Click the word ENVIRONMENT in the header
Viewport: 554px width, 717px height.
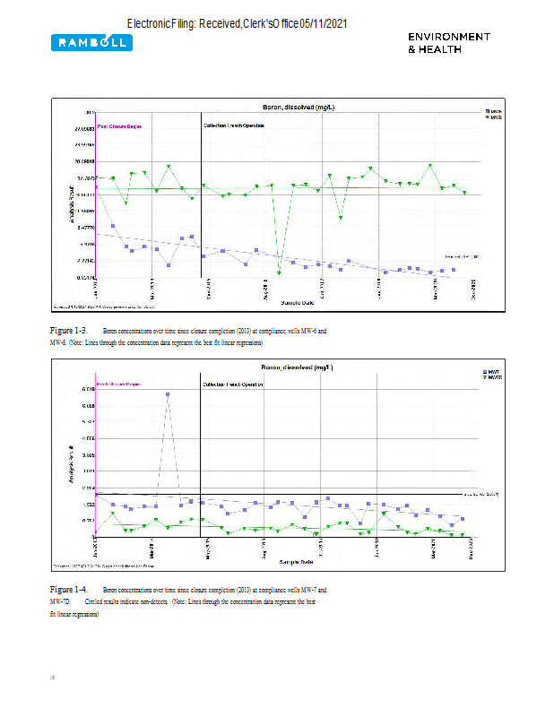(x=449, y=37)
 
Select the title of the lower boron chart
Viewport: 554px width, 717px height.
(x=298, y=367)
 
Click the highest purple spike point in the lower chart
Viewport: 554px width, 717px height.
(x=168, y=394)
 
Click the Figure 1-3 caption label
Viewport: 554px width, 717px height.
(x=67, y=331)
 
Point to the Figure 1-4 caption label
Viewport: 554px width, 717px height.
(x=67, y=590)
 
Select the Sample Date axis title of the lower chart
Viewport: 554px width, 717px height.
(x=296, y=561)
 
